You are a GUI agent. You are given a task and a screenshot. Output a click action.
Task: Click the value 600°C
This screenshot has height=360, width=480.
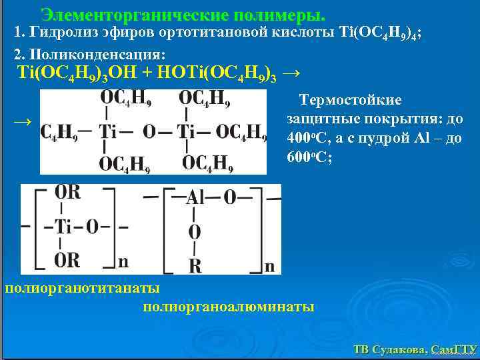pos(309,159)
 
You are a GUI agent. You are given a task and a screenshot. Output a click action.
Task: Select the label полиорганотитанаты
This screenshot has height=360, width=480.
pos(81,288)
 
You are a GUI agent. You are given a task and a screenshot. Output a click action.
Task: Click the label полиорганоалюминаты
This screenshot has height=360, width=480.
pos(229,307)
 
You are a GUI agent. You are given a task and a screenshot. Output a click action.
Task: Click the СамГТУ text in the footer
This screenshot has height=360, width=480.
pos(453,349)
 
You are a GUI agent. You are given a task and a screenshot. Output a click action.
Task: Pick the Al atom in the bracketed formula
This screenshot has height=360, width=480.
pos(195,197)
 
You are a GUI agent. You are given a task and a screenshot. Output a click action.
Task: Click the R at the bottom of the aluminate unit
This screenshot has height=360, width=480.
pos(195,266)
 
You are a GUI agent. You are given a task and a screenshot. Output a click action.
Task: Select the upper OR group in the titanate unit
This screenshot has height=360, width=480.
pos(67,193)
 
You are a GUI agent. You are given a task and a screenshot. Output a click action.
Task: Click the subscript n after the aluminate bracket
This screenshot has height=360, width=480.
pos(269,267)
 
